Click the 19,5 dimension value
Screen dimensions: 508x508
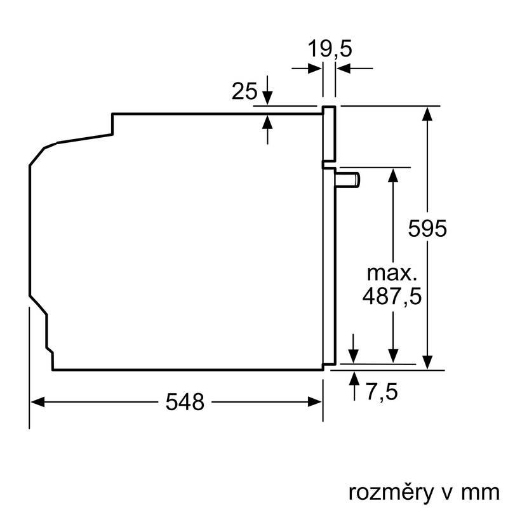pos(329,48)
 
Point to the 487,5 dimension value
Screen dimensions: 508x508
pos(392,296)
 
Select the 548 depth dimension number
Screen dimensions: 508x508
pos(185,401)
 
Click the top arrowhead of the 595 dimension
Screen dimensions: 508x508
pos(429,113)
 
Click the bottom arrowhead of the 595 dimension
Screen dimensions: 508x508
pos(429,362)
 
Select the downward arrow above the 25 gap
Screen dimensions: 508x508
pos(267,98)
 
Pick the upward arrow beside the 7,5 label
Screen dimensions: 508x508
pos(353,377)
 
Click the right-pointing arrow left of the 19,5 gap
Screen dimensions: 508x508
pos(314,68)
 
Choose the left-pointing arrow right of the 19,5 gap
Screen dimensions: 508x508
pos(344,68)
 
